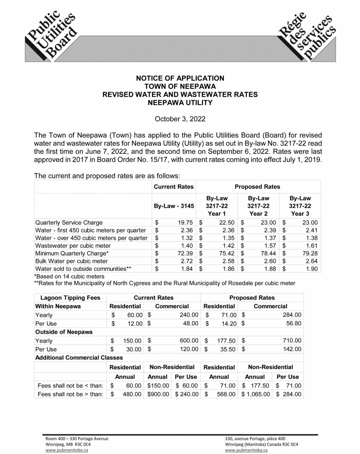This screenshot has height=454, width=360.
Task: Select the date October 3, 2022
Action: (x=180, y=119)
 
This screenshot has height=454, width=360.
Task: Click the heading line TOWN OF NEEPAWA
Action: (x=180, y=86)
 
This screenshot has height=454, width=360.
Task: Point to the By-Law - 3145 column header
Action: (x=174, y=206)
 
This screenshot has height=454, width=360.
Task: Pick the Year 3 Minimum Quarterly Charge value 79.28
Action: (x=310, y=253)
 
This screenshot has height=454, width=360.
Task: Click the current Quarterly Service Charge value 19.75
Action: (x=185, y=223)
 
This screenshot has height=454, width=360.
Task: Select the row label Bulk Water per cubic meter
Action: (x=71, y=261)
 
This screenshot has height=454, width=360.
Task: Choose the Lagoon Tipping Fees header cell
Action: (x=70, y=298)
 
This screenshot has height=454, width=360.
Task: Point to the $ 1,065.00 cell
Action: (x=256, y=394)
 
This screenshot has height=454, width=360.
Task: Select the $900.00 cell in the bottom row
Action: (x=158, y=394)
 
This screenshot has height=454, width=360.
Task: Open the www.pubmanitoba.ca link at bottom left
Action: (x=67, y=450)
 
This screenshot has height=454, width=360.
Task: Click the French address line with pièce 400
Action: (x=255, y=439)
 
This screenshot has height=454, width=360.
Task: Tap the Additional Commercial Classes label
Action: (x=79, y=358)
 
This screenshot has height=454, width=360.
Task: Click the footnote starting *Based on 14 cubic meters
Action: (x=70, y=276)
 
